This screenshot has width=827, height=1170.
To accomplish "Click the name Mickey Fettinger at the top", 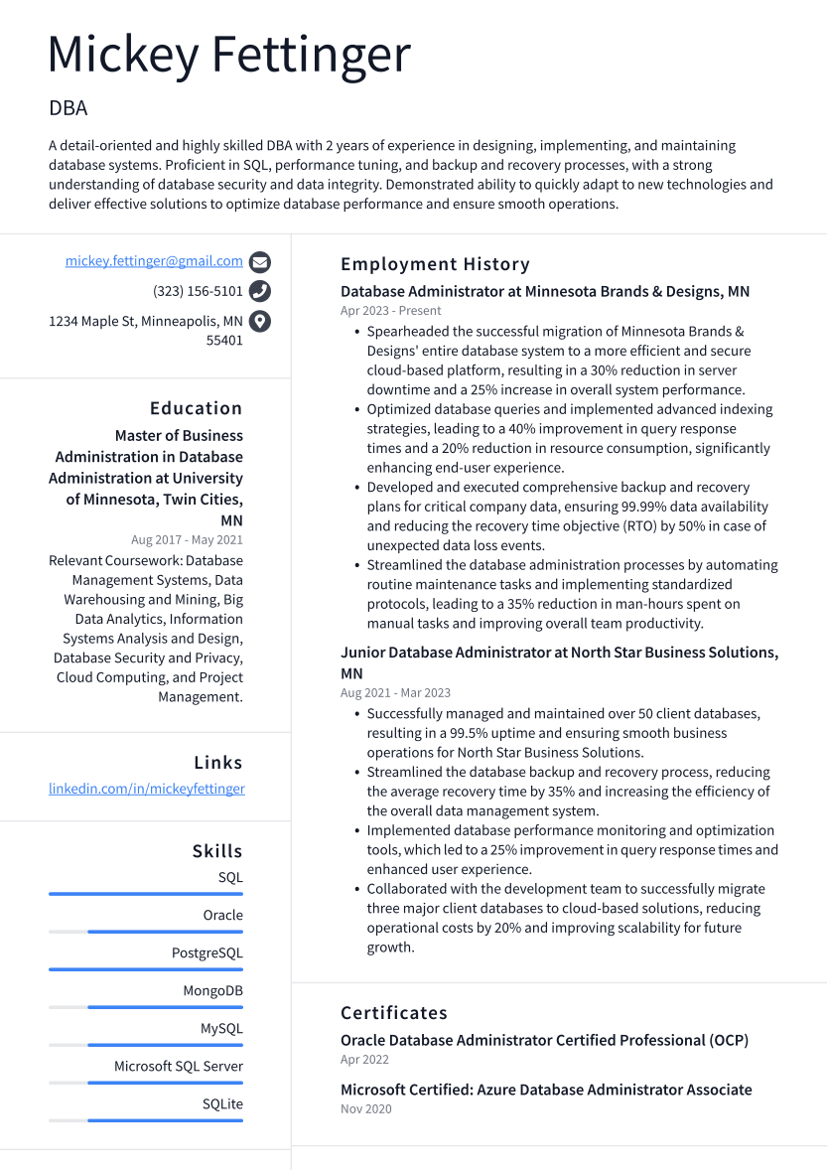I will pyautogui.click(x=228, y=55).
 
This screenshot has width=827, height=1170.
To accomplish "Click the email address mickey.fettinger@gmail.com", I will pyautogui.click(x=154, y=261).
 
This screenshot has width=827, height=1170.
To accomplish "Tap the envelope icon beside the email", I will pyautogui.click(x=259, y=262).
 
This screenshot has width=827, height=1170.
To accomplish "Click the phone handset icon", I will pyautogui.click(x=259, y=291).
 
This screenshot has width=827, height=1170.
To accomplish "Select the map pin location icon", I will pyautogui.click(x=259, y=321).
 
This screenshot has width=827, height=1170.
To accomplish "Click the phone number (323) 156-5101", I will pyautogui.click(x=198, y=291).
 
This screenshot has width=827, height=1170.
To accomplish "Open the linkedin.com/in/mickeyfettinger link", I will pyautogui.click(x=147, y=789).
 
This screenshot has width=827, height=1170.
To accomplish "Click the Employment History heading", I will pyautogui.click(x=435, y=264).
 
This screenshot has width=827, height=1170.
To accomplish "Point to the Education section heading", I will pyautogui.click(x=196, y=408).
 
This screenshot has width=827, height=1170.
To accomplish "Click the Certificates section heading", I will pyautogui.click(x=393, y=1013).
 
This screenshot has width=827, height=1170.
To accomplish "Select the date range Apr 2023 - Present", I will pyautogui.click(x=390, y=311).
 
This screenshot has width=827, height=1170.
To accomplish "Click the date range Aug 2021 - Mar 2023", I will pyautogui.click(x=395, y=693).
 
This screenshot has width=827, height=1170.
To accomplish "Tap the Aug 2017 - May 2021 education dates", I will pyautogui.click(x=187, y=540).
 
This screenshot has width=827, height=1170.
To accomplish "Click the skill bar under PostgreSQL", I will pyautogui.click(x=146, y=969).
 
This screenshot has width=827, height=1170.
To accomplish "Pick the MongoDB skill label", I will pyautogui.click(x=212, y=991).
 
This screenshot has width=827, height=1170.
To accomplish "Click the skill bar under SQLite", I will pyautogui.click(x=146, y=1120).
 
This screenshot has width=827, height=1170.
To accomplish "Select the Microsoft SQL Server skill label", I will pyautogui.click(x=179, y=1067).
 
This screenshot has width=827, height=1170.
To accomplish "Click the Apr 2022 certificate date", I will pyautogui.click(x=363, y=1060).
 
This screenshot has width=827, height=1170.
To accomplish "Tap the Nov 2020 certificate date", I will pyautogui.click(x=365, y=1108).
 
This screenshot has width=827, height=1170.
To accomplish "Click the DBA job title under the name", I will pyautogui.click(x=68, y=108).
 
